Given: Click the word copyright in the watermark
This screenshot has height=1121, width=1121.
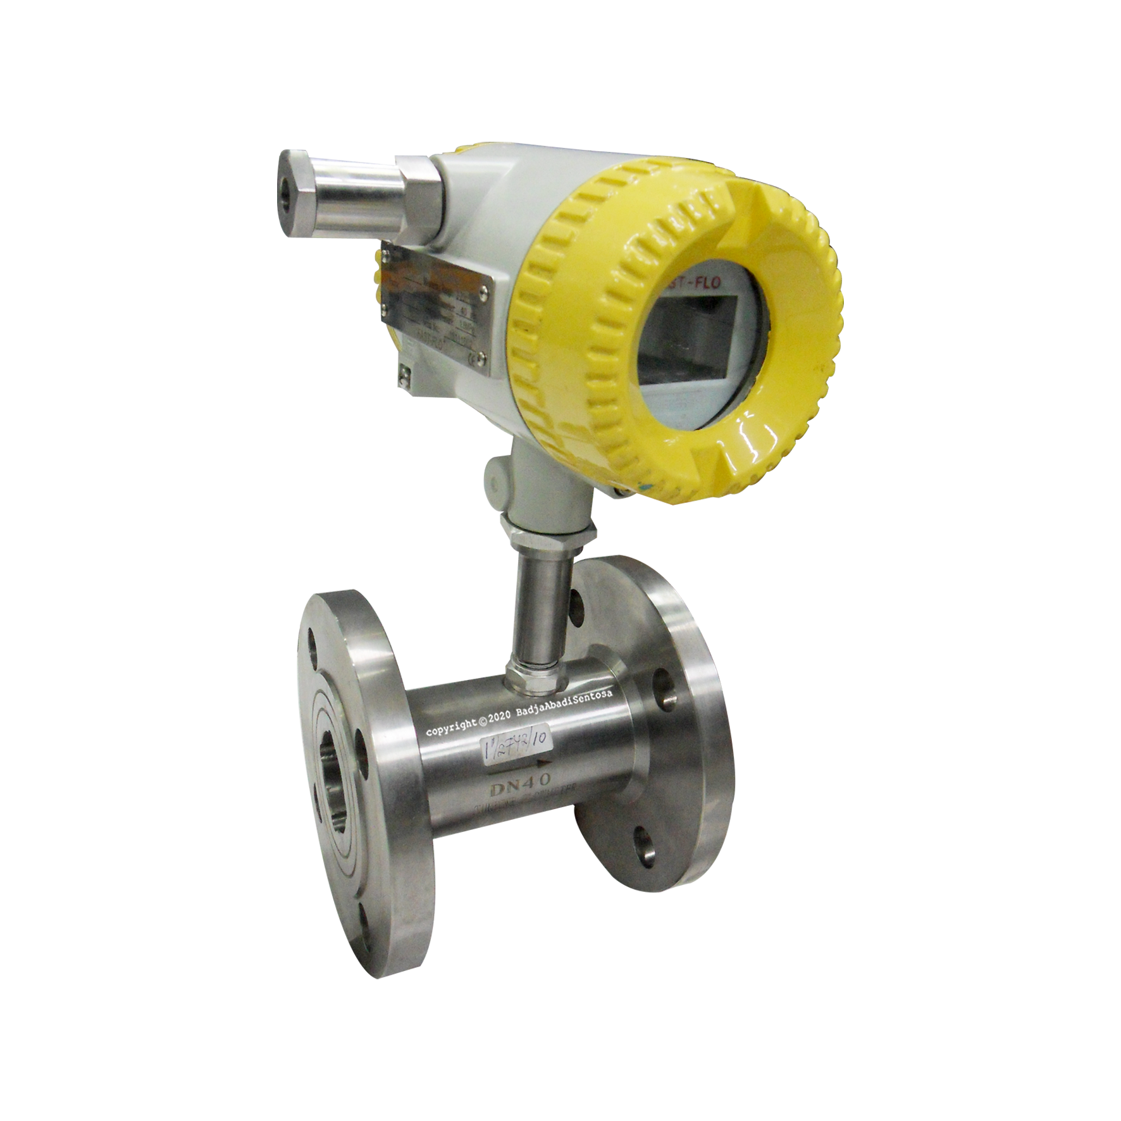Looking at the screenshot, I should tap(452, 729).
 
